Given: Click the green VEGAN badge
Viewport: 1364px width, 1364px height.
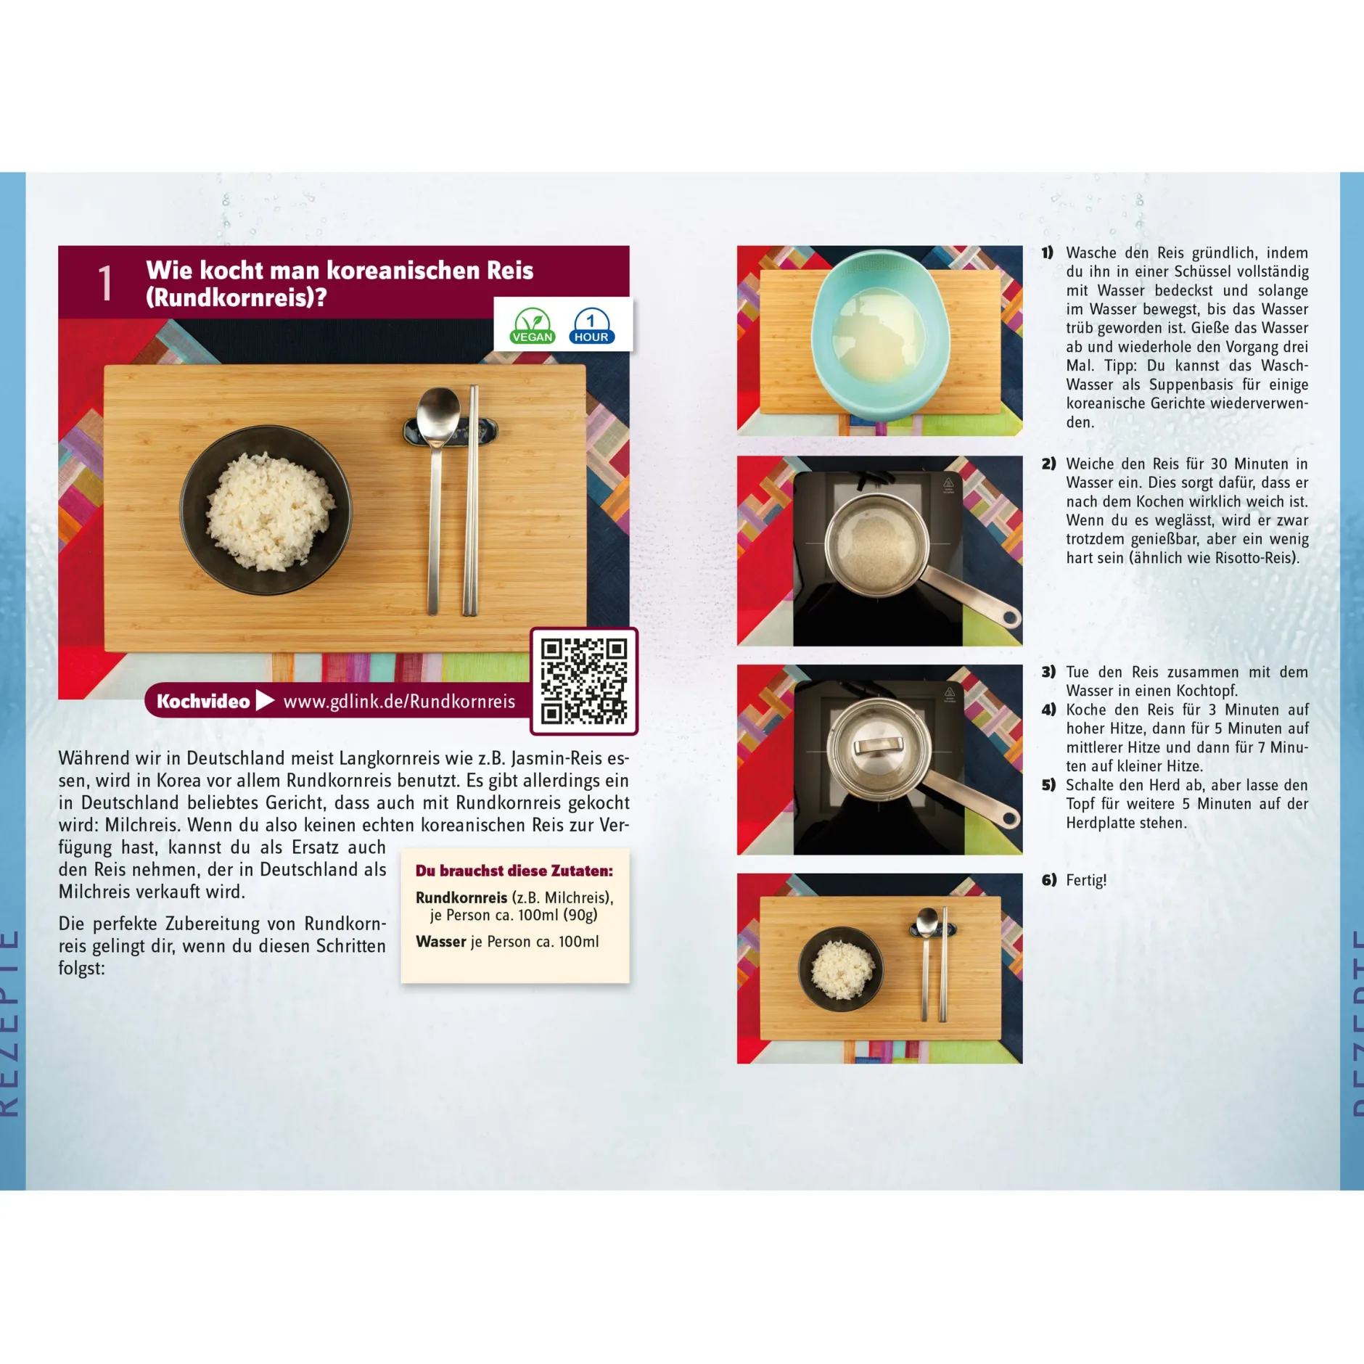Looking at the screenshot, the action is [x=533, y=326].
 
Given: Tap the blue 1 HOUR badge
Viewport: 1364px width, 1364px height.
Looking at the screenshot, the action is [x=591, y=326].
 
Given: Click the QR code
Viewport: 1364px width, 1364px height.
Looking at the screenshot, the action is [x=584, y=681].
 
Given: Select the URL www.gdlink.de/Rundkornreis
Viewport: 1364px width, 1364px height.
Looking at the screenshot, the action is [x=399, y=702].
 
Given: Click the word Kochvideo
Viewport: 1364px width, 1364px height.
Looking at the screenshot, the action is [x=203, y=701].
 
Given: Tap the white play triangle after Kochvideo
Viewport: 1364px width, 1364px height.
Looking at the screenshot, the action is [x=266, y=700].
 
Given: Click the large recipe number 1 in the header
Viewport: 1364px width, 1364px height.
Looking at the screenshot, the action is [x=106, y=282].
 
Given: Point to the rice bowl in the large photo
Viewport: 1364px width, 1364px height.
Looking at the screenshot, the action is [x=266, y=510].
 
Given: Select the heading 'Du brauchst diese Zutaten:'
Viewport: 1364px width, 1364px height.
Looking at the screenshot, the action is [x=514, y=871].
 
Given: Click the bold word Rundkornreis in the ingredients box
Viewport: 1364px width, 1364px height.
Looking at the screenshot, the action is [x=461, y=897].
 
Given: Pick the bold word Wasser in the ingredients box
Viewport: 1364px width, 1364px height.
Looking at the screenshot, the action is [x=441, y=941].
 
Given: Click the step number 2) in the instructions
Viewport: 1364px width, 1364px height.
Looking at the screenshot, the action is [x=1048, y=464].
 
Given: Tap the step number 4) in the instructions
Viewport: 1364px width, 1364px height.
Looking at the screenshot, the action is [x=1048, y=710].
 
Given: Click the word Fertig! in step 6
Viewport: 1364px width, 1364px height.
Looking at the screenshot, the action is [x=1086, y=880].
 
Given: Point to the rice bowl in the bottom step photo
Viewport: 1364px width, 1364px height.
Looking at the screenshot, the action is [x=842, y=969].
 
